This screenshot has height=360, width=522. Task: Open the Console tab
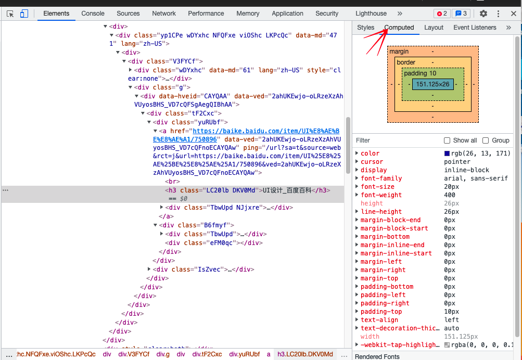click(93, 14)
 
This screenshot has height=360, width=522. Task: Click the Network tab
click(164, 14)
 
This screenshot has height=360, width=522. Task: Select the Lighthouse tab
click(371, 14)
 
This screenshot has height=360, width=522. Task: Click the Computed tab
click(399, 28)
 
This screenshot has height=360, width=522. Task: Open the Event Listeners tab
click(475, 28)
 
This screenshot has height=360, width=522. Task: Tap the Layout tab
click(434, 28)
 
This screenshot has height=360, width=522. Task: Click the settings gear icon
click(483, 14)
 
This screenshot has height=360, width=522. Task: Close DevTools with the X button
click(514, 14)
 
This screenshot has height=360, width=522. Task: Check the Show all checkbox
click(447, 140)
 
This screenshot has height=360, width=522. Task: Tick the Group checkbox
click(486, 140)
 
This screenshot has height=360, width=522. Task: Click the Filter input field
click(396, 140)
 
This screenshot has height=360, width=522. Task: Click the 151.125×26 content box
click(433, 84)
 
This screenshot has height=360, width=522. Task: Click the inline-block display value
click(466, 170)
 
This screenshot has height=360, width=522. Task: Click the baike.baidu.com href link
click(246, 135)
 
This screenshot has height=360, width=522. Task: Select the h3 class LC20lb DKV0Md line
click(247, 190)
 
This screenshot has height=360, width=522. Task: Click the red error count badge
click(442, 14)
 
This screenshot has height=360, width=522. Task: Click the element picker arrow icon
click(10, 14)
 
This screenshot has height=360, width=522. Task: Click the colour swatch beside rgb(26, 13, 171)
click(447, 153)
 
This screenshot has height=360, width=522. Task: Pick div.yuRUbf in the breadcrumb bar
click(245, 354)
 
